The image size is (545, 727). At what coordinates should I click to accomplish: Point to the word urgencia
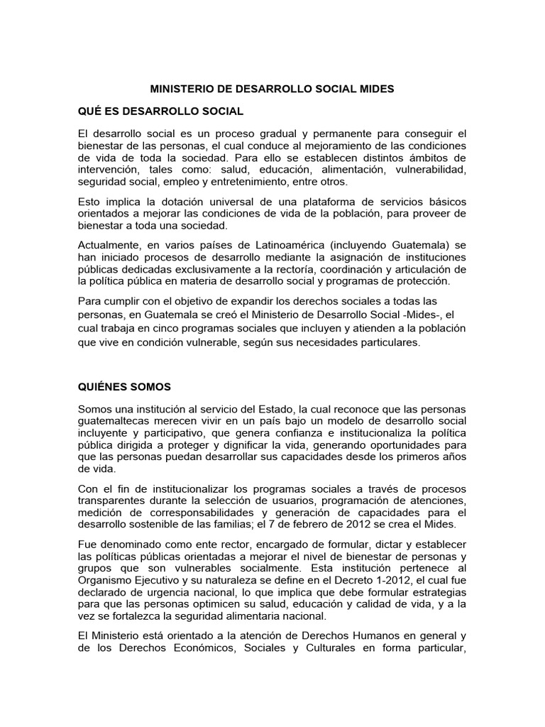[180, 592]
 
